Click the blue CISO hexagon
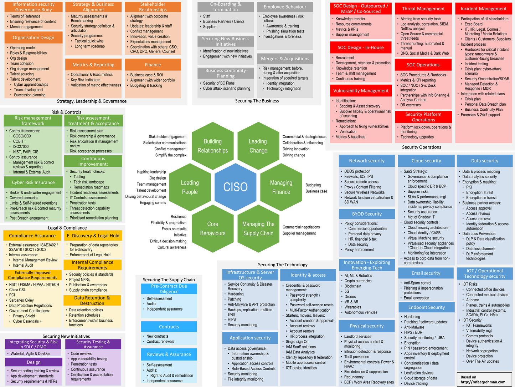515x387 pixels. tap(235, 187)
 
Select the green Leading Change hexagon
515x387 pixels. tap(258, 146)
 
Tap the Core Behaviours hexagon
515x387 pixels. tap(212, 228)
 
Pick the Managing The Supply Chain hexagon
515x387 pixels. tap(258, 228)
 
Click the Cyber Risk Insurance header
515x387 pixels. tap(33, 182)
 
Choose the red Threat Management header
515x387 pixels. tap(423, 9)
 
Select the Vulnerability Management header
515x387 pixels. tap(361, 91)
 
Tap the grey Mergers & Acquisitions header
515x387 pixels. tap(285, 59)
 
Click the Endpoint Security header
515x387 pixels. tap(426, 307)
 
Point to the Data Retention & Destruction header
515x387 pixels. tap(92, 300)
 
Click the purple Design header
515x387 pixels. tap(34, 362)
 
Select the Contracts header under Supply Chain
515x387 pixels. tap(169, 327)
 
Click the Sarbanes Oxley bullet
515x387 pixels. tap(21, 300)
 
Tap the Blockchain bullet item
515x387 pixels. tap(353, 286)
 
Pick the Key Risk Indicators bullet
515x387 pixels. tap(86, 80)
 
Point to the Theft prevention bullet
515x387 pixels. tap(356, 357)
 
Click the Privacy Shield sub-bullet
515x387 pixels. tap(24, 316)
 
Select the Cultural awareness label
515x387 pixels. tap(172, 247)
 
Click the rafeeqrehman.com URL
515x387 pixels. tap(483, 382)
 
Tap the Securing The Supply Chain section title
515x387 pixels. tap(169, 280)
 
